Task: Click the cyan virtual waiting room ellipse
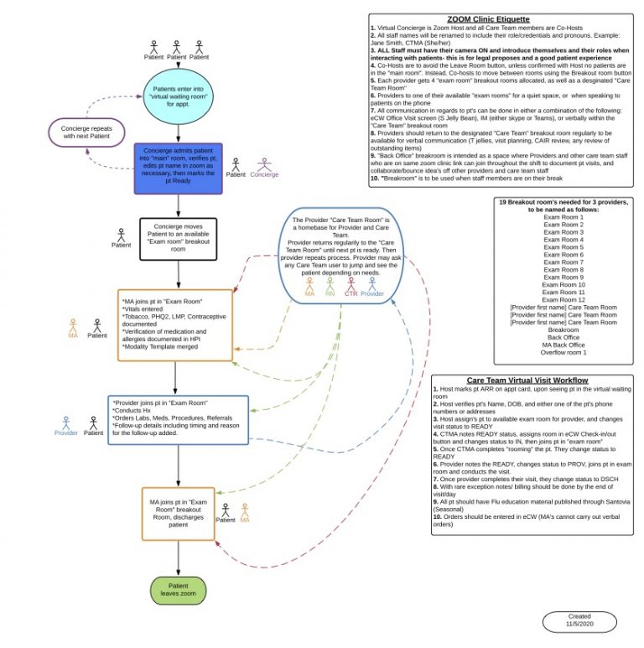[x=177, y=95]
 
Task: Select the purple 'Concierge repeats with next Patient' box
[x=86, y=132]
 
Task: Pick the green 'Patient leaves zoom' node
[x=178, y=590]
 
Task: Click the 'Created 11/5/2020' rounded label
[x=579, y=621]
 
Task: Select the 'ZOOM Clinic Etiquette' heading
[x=501, y=19]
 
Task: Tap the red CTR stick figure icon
[x=352, y=287]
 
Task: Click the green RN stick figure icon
[x=330, y=287]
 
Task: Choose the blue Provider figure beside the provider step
[x=65, y=422]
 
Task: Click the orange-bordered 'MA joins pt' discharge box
[x=178, y=511]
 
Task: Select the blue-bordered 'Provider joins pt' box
[x=178, y=420]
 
